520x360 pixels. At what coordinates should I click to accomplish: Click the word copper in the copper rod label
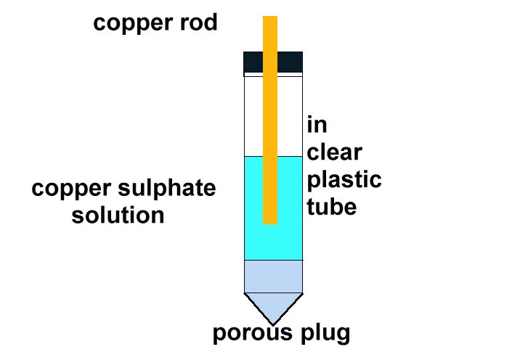click(133, 23)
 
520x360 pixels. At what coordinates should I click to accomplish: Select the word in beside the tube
click(317, 125)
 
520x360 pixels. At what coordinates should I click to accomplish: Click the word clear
click(335, 152)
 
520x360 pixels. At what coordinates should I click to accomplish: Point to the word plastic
click(344, 180)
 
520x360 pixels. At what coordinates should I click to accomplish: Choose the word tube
click(332, 207)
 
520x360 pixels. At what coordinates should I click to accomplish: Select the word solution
click(118, 216)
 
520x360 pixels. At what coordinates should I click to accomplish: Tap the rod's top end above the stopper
click(270, 29)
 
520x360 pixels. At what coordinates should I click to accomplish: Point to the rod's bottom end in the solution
click(270, 218)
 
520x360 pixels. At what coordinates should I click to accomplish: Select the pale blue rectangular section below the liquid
click(273, 276)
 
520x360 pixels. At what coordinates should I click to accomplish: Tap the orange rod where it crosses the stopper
click(270, 62)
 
